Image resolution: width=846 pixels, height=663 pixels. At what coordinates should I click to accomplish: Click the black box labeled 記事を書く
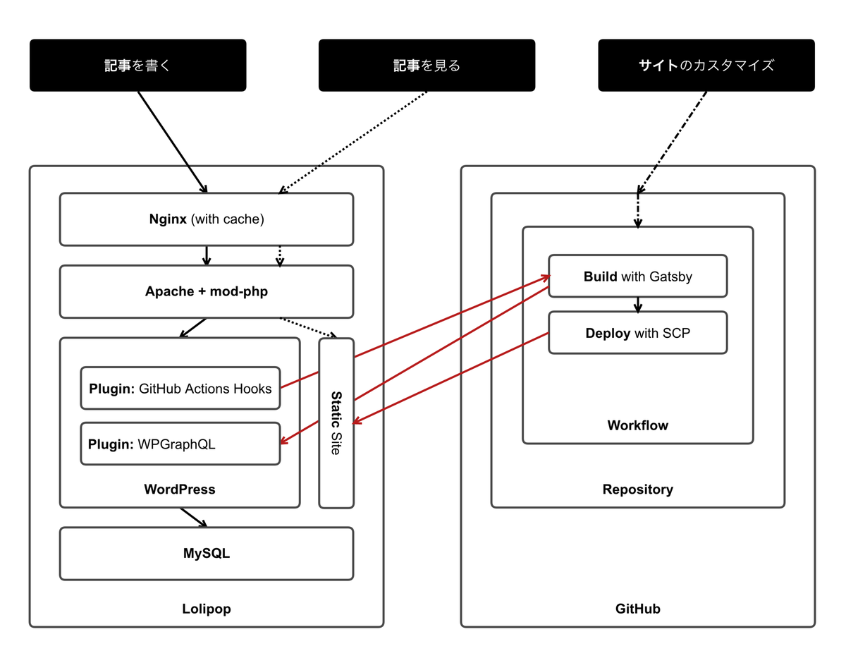click(137, 66)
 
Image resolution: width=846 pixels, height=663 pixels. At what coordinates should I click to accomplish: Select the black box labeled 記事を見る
click(427, 66)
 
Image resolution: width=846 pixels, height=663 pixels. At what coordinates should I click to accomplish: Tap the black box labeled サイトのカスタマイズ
click(706, 66)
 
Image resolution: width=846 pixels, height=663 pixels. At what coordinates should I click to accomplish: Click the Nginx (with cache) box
click(206, 219)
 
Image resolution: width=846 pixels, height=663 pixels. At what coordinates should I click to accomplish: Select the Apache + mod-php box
click(206, 291)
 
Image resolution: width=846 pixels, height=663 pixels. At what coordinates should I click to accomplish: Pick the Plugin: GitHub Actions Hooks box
click(180, 388)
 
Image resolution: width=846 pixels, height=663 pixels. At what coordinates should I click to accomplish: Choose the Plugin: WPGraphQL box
click(180, 444)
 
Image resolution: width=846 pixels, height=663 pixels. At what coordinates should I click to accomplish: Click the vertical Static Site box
click(336, 423)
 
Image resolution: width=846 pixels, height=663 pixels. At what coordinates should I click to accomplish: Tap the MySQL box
click(206, 554)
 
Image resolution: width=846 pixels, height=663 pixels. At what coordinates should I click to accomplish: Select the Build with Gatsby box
click(637, 276)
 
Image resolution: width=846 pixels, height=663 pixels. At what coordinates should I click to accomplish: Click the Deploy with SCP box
click(637, 333)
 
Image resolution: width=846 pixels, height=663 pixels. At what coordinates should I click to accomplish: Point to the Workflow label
click(637, 425)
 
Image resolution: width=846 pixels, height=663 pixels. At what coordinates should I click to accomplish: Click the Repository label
click(637, 489)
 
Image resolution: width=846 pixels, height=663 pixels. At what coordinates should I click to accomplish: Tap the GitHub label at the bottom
click(637, 608)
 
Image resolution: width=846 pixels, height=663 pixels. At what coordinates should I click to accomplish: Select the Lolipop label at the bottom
click(206, 608)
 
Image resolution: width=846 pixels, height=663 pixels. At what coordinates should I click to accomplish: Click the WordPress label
click(179, 489)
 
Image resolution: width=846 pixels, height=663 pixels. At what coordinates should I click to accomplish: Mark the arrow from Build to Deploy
click(637, 305)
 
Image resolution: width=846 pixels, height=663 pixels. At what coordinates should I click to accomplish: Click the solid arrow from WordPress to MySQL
click(193, 518)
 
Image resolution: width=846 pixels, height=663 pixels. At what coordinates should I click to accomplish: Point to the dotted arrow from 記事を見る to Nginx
click(352, 142)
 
